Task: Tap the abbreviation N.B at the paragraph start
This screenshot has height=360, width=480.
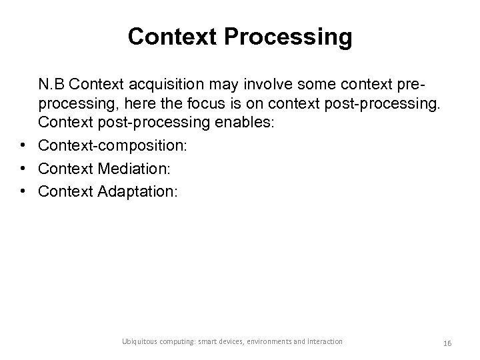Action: coord(52,85)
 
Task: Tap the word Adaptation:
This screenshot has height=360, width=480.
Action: coord(138,192)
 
